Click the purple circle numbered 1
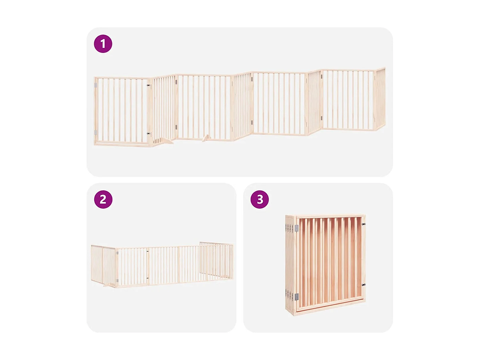[103, 44]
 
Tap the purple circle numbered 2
[103, 199]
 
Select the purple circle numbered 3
[260, 199]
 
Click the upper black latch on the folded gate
[364, 224]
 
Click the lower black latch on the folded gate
[364, 284]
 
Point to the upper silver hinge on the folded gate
[297, 228]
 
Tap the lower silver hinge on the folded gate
[297, 297]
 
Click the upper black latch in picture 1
[148, 85]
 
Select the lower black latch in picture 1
[148, 133]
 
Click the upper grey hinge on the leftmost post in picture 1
[95, 85]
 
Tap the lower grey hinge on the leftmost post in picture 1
[95, 132]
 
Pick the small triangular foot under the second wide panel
[206, 138]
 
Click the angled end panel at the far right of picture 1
[380, 99]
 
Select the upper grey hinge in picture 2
[117, 253]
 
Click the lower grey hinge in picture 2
[117, 281]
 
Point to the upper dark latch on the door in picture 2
[148, 252]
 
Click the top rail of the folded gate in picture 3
[330, 216]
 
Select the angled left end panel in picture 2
[103, 265]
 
